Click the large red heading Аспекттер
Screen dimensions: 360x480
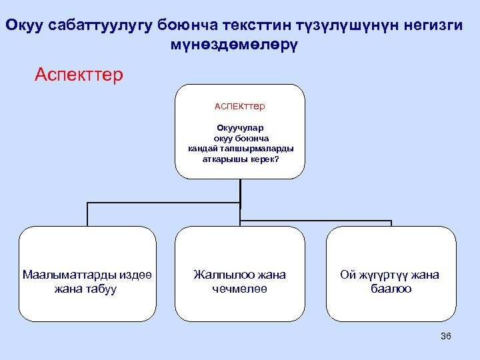click(x=79, y=74)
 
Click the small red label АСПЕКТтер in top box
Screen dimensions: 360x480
click(x=240, y=105)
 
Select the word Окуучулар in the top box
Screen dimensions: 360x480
click(x=240, y=127)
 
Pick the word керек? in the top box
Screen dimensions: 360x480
click(x=263, y=159)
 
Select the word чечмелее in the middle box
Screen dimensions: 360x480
click(x=239, y=289)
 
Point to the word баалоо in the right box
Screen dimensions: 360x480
click(x=391, y=289)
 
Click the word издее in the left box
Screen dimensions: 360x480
click(x=137, y=275)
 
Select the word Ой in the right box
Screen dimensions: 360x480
click(x=347, y=275)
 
